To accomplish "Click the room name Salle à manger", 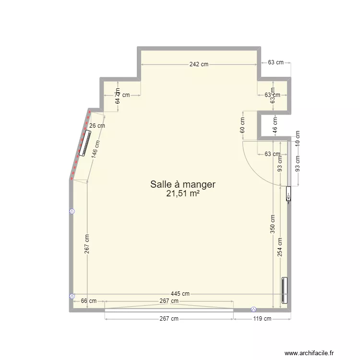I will (183, 184).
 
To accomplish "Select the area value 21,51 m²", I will (183, 193).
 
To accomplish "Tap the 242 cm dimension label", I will (198, 65).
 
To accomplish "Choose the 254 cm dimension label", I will (280, 248).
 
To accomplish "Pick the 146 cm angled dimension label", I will (95, 149).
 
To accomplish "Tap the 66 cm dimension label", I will (88, 301).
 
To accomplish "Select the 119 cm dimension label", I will (262, 318).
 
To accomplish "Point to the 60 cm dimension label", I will (243, 126).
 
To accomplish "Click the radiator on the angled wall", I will (85, 143).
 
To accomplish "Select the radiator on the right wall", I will (284, 290).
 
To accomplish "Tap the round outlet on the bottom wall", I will (253, 310).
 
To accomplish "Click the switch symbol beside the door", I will (288, 196).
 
